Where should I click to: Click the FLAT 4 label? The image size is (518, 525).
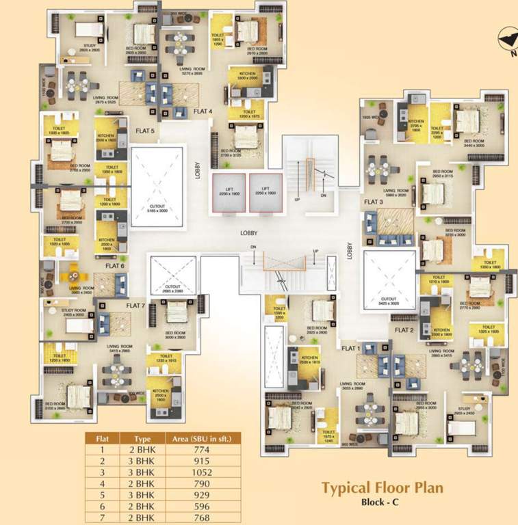203,111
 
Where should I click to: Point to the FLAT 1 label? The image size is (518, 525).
350,348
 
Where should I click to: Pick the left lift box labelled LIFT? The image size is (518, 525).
229,192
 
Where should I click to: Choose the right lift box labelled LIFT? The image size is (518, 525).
266,192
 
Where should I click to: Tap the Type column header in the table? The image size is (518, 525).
141,439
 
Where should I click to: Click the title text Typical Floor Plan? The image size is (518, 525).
382,487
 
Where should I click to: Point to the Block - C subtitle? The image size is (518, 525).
383,502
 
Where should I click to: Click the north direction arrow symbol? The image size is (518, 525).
507,37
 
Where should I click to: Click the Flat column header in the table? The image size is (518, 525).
101,439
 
